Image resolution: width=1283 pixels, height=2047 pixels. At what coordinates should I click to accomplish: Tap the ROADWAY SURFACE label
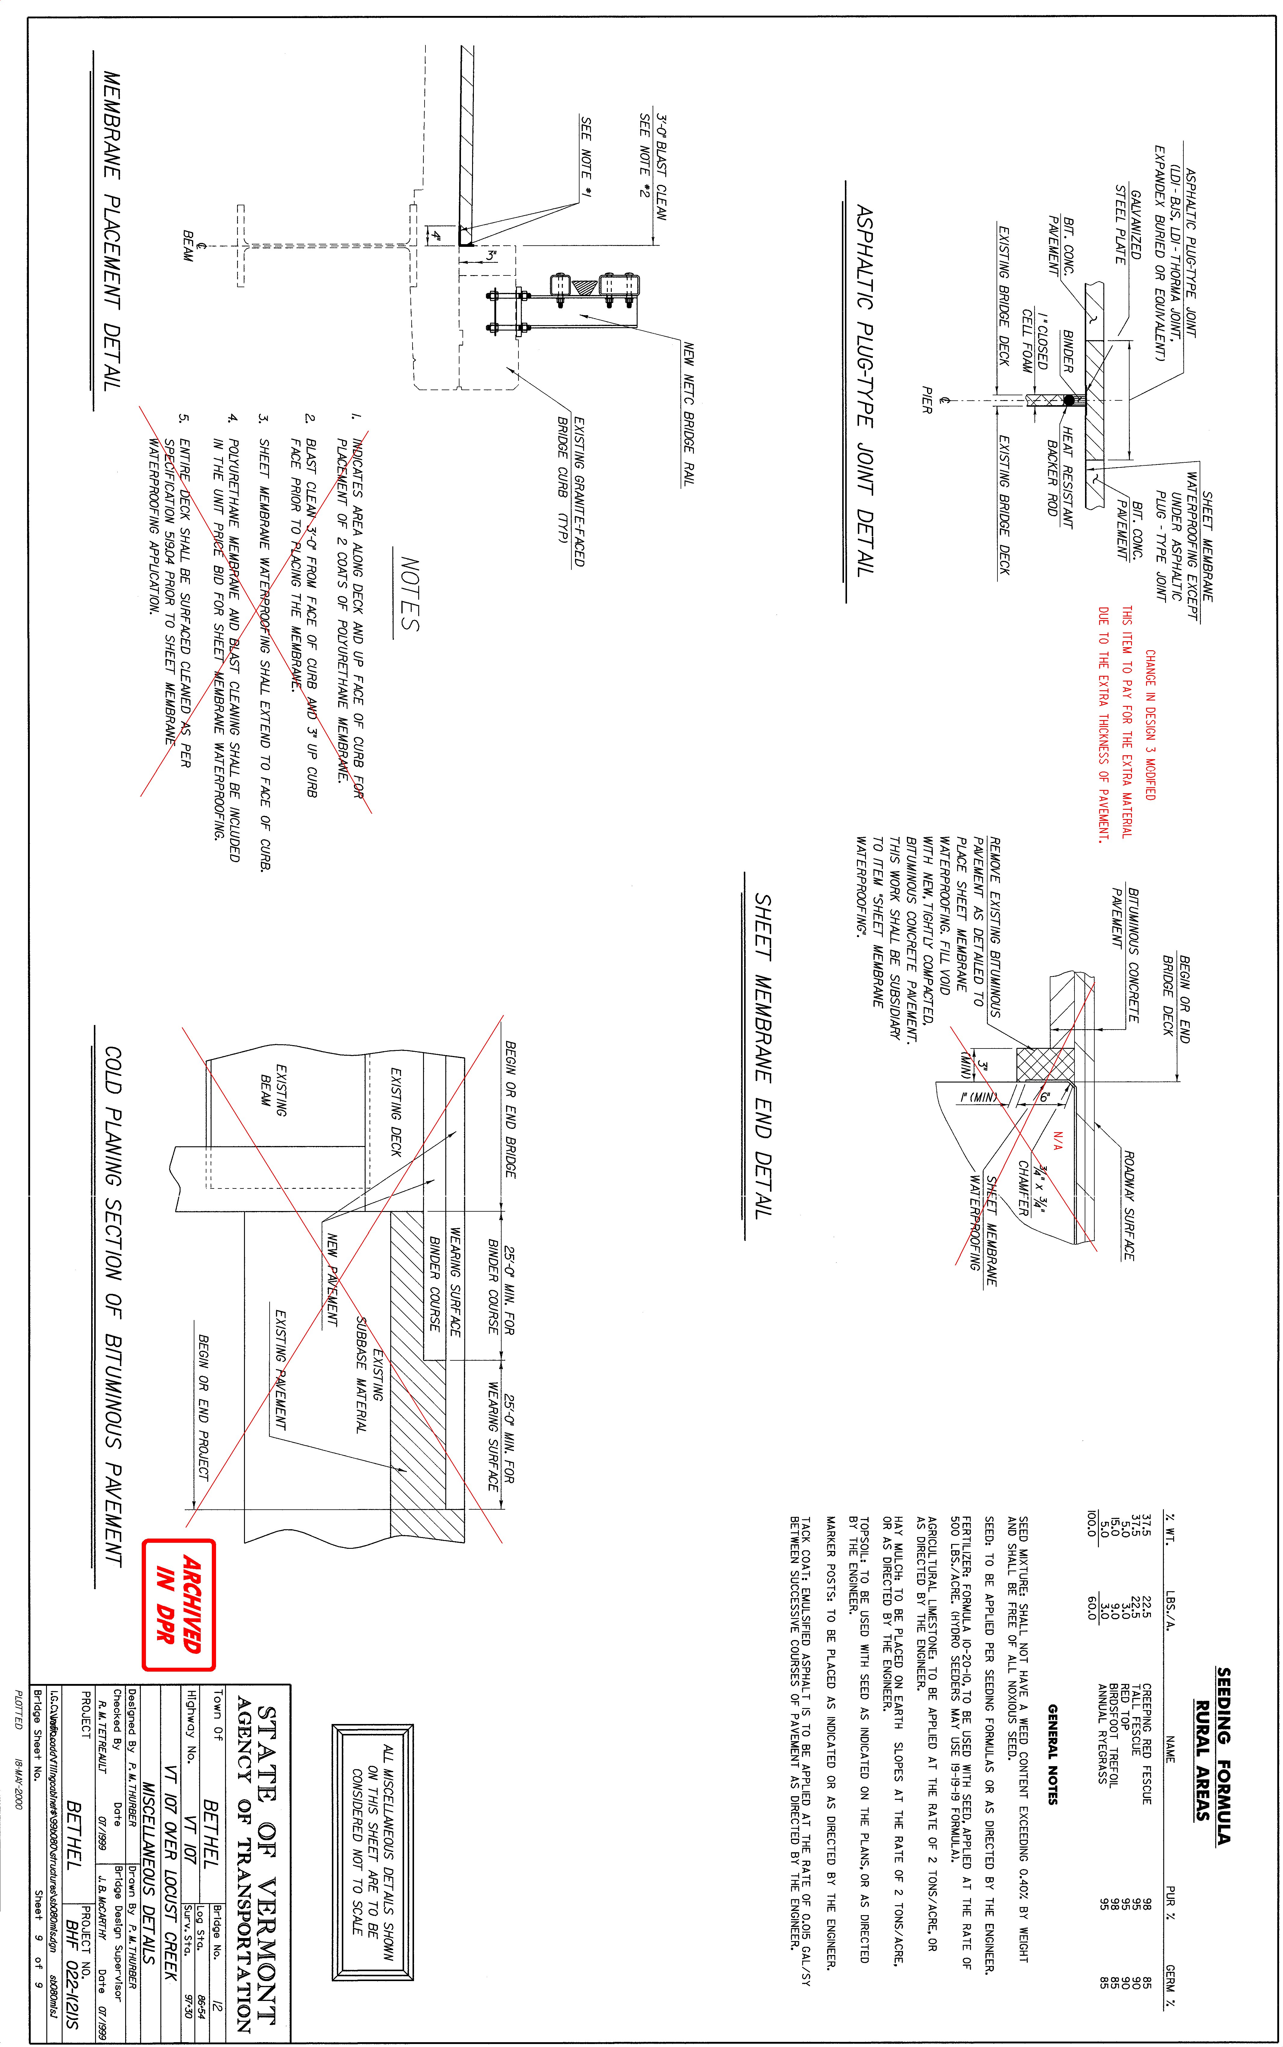(x=1129, y=1205)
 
